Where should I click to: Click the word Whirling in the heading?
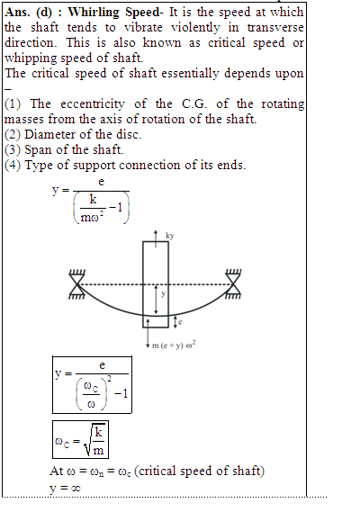(x=94, y=13)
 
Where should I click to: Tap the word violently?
(x=195, y=28)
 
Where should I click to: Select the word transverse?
(x=275, y=28)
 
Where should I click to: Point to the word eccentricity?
(x=93, y=104)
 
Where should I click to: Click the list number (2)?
(x=13, y=135)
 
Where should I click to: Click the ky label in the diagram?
(x=170, y=236)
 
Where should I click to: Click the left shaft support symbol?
(x=77, y=284)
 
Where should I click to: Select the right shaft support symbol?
(x=233, y=284)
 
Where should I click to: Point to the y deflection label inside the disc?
(x=163, y=294)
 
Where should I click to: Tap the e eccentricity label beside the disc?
(x=180, y=321)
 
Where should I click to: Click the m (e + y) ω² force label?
(x=174, y=346)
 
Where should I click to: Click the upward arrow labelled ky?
(x=156, y=238)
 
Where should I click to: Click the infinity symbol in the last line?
(x=76, y=488)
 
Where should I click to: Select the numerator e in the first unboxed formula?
(x=102, y=182)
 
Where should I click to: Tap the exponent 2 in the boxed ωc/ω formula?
(x=110, y=379)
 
